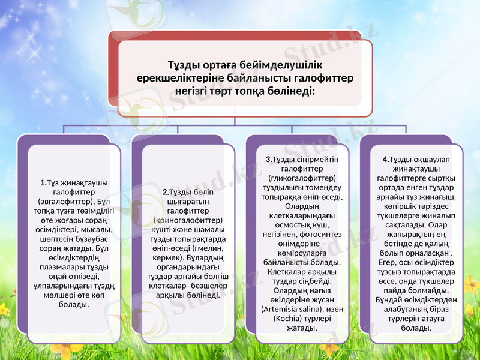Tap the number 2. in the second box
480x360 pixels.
166,192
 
